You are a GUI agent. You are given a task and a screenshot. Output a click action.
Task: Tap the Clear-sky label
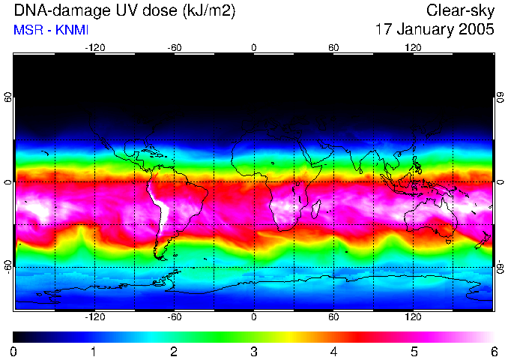pos(460,10)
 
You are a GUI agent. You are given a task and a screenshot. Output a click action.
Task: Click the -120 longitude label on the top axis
pos(94,47)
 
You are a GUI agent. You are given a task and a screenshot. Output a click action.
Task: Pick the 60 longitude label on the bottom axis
pos(333,317)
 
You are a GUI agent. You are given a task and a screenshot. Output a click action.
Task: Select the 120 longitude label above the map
pos(413,47)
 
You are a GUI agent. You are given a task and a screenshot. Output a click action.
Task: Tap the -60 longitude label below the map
pos(174,317)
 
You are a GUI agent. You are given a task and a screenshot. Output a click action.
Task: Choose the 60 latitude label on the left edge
pos(8,97)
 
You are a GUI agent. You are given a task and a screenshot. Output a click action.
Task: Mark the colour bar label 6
pos(493,351)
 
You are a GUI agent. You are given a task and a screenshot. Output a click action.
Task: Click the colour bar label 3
pos(253,351)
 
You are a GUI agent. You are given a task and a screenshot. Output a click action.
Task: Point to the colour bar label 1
pos(94,351)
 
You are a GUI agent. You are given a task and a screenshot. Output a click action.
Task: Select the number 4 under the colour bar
pos(333,351)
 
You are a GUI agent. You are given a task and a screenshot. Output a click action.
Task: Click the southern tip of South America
pos(161,257)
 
